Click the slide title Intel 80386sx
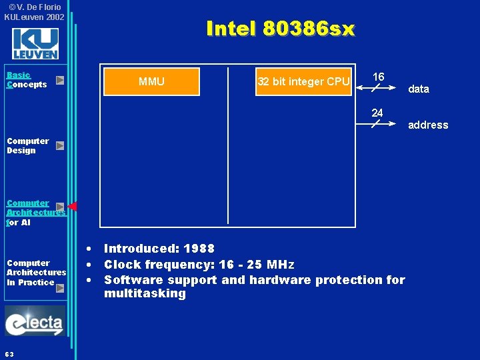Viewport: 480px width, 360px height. click(281, 29)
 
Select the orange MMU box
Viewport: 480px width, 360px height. click(151, 81)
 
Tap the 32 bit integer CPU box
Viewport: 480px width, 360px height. click(303, 81)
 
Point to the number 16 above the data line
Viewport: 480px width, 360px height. click(378, 77)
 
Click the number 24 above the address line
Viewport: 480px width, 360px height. click(377, 113)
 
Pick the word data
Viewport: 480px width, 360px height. click(419, 89)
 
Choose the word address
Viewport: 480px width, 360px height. click(428, 125)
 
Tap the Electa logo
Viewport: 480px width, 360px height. click(35, 322)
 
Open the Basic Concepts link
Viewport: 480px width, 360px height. click(27, 80)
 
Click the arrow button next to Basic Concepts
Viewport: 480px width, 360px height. click(60, 80)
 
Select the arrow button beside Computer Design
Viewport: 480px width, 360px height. click(60, 145)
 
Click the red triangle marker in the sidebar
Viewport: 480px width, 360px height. click(73, 206)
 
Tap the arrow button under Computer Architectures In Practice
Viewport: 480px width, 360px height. click(60, 288)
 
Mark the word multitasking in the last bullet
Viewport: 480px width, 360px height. click(145, 293)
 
